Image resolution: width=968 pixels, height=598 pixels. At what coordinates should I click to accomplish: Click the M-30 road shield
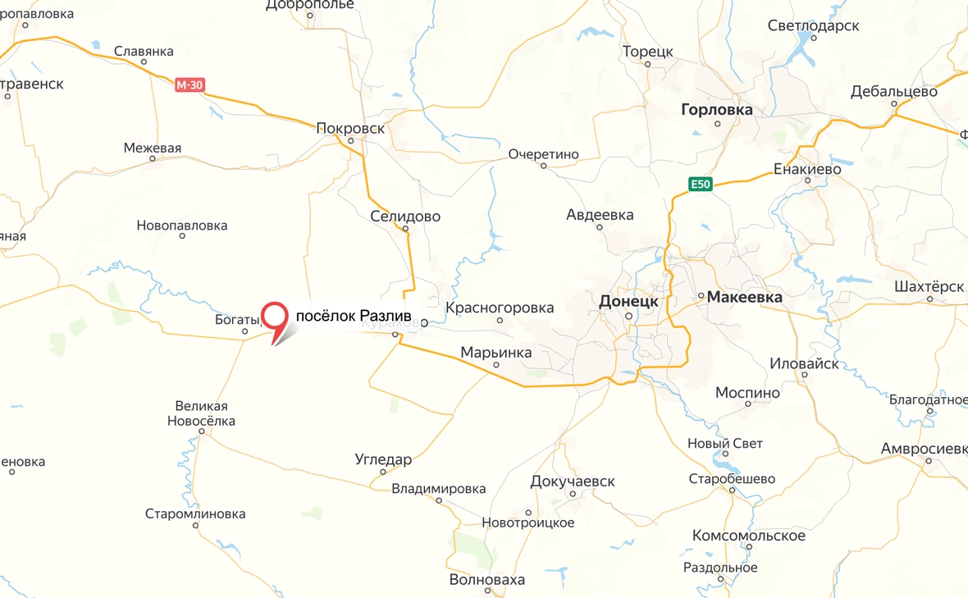189,84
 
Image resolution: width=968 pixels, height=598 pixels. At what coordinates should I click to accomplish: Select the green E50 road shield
699,185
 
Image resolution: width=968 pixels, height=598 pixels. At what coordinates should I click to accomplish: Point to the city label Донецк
628,301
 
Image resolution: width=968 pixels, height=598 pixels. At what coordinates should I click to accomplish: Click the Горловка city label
716,109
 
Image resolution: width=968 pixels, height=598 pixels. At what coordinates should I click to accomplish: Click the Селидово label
405,217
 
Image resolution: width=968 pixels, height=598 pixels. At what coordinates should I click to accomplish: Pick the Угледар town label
383,459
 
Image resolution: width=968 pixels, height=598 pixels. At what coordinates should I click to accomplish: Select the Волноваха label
487,580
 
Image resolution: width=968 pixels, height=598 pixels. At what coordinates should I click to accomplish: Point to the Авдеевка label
600,215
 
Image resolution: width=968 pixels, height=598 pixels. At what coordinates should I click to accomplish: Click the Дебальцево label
894,91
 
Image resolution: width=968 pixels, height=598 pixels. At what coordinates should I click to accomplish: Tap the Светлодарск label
813,25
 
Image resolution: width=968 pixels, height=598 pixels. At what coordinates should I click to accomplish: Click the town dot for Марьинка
496,365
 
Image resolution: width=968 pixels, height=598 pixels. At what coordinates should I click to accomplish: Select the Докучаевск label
573,481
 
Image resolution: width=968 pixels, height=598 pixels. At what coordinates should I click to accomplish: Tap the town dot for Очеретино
543,166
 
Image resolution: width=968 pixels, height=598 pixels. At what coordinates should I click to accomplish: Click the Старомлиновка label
195,514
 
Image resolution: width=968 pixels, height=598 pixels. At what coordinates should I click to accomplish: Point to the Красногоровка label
500,308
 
